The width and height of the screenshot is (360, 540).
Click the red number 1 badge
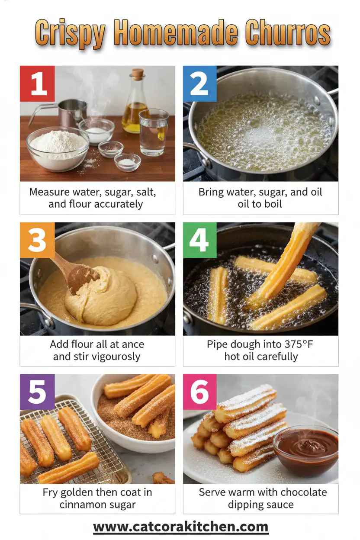[38, 84]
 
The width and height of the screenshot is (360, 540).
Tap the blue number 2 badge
[199, 84]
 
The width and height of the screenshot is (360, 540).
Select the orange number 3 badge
[38, 240]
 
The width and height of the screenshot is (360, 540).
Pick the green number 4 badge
[199, 240]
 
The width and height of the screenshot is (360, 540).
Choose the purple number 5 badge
[38, 392]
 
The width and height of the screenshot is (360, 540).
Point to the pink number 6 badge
[199, 392]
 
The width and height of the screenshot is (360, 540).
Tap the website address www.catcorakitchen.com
[180, 527]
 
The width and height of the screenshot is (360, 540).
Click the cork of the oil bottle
[138, 74]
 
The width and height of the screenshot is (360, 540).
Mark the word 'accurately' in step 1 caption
[116, 204]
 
